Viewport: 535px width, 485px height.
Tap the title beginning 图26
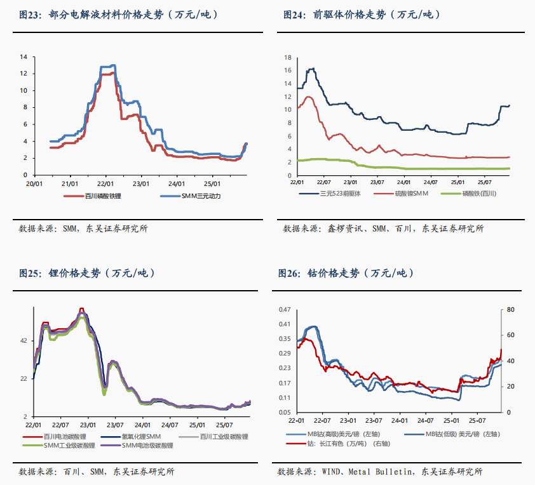[346, 274]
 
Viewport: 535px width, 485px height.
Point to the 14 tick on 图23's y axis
[24, 56]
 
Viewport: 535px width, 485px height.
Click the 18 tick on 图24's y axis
[288, 57]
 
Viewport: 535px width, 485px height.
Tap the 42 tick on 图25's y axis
[24, 341]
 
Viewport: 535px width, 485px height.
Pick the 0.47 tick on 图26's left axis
[285, 309]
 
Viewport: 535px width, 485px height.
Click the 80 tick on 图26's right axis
[511, 309]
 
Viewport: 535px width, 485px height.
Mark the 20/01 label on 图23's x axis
[34, 183]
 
